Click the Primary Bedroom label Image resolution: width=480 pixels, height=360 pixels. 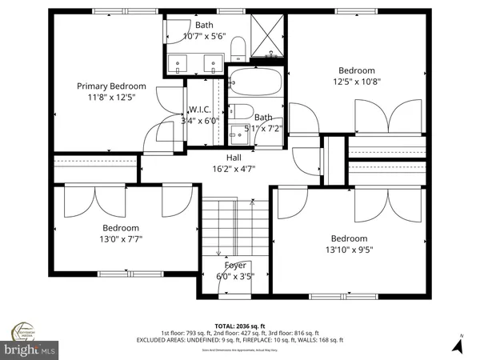click(111, 86)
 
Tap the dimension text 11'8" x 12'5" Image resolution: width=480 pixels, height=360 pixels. click(111, 98)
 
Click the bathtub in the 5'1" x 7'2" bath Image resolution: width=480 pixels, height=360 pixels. click(254, 83)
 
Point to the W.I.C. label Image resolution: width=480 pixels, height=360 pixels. click(199, 110)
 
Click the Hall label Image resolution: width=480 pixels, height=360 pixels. click(234, 158)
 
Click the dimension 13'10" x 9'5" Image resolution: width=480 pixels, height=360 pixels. click(350, 249)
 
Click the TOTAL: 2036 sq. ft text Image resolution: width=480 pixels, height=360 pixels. click(240, 325)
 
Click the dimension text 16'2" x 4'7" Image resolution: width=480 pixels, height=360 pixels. click(234, 169)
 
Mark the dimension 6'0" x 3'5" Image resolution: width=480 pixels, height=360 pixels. click(234, 277)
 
